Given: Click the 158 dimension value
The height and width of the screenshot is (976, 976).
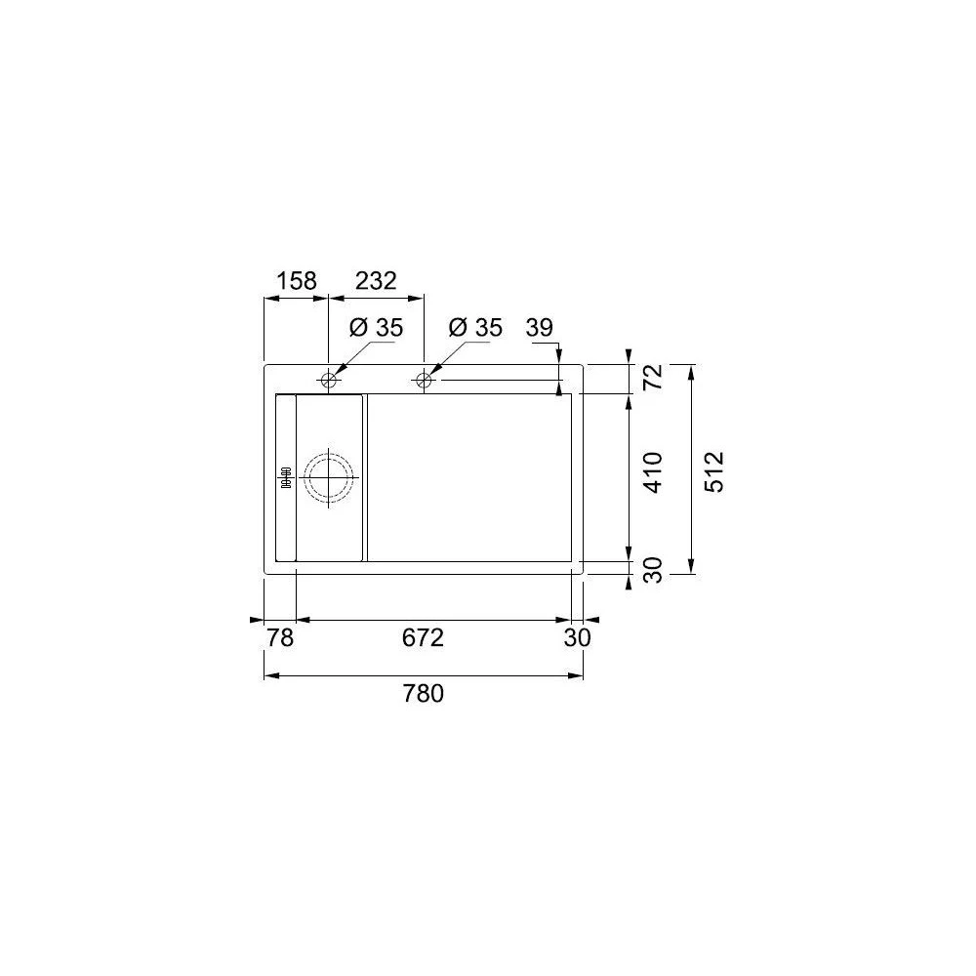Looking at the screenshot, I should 297,281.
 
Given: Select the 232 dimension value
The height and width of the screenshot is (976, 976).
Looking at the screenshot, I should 376,281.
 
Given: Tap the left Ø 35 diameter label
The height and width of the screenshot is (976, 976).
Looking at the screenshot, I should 375,328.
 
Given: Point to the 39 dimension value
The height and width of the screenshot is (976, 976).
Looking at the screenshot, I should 541,328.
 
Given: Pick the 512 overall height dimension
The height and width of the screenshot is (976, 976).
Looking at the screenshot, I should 714,470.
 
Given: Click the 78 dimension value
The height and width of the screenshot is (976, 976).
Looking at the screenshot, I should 280,638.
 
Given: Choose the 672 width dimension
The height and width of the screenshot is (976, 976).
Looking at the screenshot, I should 424,638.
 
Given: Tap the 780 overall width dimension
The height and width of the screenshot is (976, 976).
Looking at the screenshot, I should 424,694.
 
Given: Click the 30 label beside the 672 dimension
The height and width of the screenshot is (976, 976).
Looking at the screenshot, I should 578,638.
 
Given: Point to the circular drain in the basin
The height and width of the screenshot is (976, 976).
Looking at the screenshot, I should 329,477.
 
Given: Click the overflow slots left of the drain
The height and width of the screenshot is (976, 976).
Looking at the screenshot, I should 287,477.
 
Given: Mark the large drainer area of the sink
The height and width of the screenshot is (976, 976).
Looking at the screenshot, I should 468,477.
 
